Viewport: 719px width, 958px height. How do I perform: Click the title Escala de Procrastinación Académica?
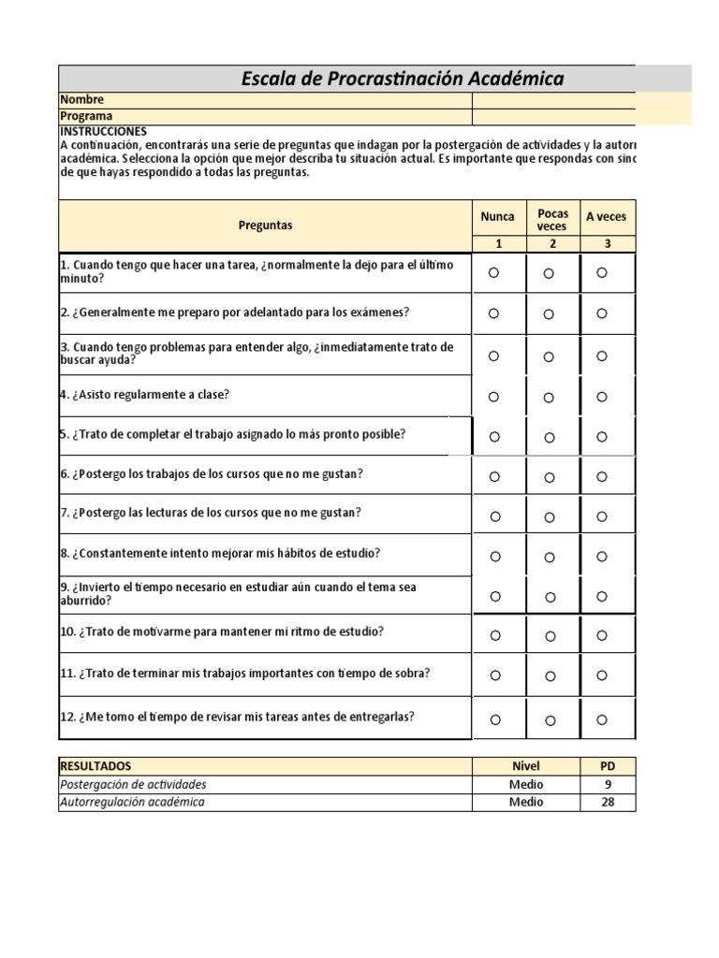tap(403, 79)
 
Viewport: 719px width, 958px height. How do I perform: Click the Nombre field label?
tap(82, 99)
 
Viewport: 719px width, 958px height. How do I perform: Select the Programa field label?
tap(87, 116)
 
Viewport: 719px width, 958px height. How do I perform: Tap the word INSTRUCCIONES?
tap(103, 132)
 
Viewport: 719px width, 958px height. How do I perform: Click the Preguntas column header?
tap(265, 225)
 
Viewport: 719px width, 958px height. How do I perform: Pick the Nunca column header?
tap(497, 217)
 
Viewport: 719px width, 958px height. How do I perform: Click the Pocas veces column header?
tap(552, 220)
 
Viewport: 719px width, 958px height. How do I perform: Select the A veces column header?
tap(606, 217)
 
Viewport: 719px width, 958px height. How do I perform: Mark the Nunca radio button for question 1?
tap(494, 272)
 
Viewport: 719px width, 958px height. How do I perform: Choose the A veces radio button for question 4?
tap(602, 397)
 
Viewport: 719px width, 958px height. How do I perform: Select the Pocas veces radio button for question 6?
tap(549, 477)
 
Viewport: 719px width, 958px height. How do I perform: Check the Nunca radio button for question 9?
tap(495, 595)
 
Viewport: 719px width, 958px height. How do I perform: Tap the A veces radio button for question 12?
tap(602, 719)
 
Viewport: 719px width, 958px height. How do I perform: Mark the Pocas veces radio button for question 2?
tap(549, 313)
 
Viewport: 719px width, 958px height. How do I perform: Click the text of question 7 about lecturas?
tap(211, 513)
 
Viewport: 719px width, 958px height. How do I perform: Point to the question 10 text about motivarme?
tap(223, 631)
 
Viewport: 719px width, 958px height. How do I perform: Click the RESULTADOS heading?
tap(95, 766)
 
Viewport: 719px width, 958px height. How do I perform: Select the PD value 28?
tap(608, 802)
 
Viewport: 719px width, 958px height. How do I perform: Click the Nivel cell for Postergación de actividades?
tap(525, 784)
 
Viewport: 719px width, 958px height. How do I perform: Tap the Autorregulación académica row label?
tap(132, 802)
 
